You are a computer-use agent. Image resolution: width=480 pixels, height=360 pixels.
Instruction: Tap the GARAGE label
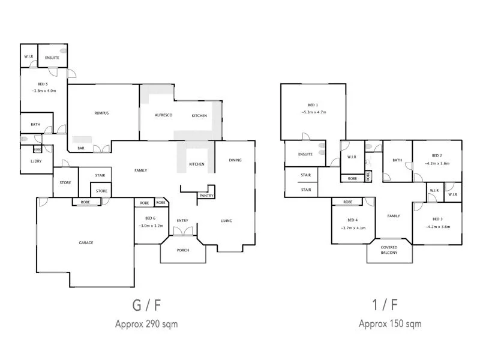point(86,243)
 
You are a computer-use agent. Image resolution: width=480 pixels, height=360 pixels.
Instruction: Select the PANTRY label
point(206,196)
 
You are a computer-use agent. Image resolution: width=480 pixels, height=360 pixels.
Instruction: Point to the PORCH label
point(182,251)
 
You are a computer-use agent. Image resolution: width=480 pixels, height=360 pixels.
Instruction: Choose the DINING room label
point(235,160)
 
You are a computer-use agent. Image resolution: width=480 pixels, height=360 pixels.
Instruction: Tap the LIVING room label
point(226,221)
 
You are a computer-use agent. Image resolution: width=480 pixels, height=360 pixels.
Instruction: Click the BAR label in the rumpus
point(80,148)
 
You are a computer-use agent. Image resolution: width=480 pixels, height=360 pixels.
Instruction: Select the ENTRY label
point(182,221)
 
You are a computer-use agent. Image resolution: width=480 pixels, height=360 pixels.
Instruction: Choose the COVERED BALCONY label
point(389,250)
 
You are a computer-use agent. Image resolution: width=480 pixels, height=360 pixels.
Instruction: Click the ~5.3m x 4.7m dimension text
point(313,112)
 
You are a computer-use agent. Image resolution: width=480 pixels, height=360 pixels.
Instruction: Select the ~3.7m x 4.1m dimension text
point(353,228)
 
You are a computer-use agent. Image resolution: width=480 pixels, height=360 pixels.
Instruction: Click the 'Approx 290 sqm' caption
point(146,324)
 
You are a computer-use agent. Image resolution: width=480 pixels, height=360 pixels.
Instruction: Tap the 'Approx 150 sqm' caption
point(390,324)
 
